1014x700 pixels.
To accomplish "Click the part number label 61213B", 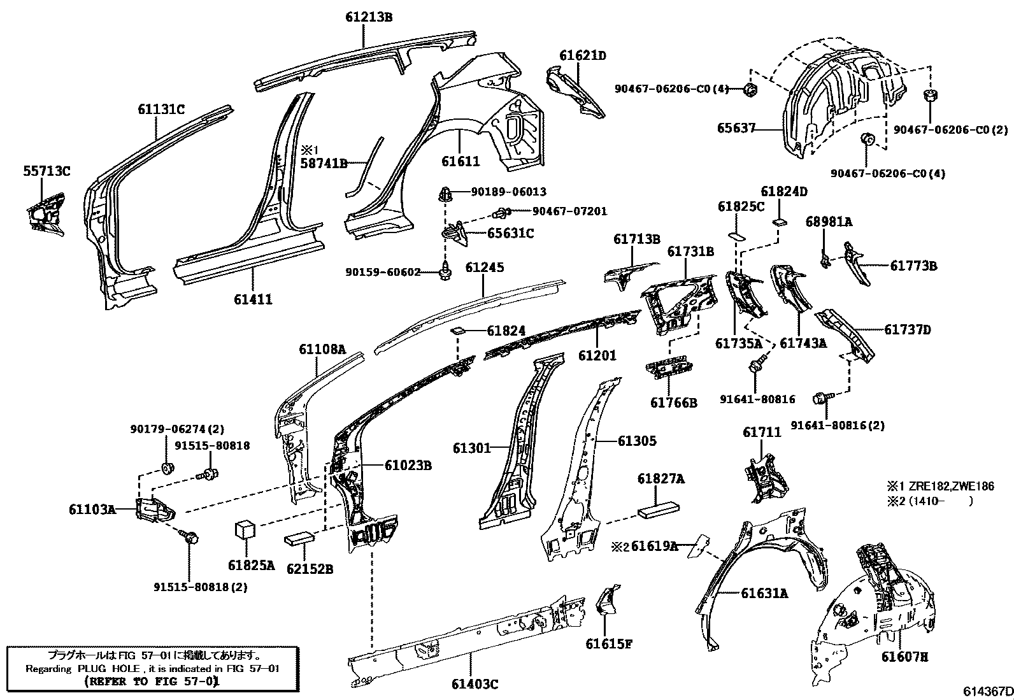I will coord(369,17).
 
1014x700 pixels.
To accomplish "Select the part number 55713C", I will coord(47,171).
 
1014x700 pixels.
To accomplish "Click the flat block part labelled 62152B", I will coord(299,539).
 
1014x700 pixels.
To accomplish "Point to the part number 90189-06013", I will coord(509,192).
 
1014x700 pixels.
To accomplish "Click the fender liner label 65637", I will coord(738,128).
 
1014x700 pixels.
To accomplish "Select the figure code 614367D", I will coord(987,692).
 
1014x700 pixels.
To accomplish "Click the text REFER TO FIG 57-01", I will coord(152,681).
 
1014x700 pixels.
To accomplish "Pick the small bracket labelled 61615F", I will coord(604,599).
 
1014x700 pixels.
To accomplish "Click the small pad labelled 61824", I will coord(457,331).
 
